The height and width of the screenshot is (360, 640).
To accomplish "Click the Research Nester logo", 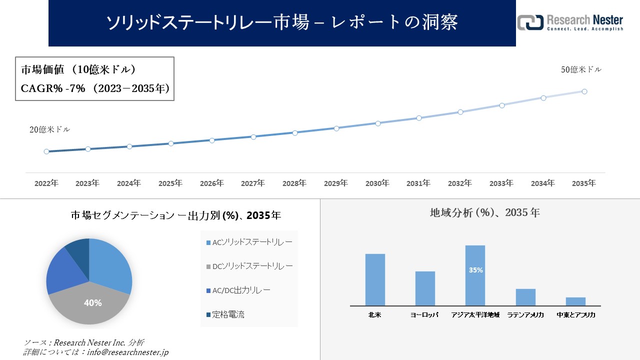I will [570, 23].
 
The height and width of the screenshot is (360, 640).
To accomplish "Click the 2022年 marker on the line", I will [46, 151].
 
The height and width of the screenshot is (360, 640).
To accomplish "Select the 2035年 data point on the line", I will [584, 91].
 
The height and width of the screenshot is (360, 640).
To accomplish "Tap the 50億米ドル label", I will [581, 70].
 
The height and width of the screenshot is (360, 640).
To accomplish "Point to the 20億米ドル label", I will [50, 129].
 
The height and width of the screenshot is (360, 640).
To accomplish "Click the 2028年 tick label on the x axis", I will [294, 183].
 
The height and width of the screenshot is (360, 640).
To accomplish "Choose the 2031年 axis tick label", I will [418, 183].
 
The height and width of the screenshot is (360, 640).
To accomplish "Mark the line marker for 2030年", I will [377, 123].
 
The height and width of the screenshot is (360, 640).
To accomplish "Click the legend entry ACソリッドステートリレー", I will [249, 242].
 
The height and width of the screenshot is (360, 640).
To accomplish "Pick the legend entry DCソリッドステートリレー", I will [249, 266].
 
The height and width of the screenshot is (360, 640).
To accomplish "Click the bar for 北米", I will [375, 279].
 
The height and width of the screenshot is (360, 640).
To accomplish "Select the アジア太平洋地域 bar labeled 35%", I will [475, 275].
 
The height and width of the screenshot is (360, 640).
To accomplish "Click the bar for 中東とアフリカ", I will [575, 301].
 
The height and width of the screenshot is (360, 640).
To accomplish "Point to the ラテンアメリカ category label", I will [525, 315].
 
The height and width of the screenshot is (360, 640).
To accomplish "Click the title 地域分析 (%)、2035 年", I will [484, 212].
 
